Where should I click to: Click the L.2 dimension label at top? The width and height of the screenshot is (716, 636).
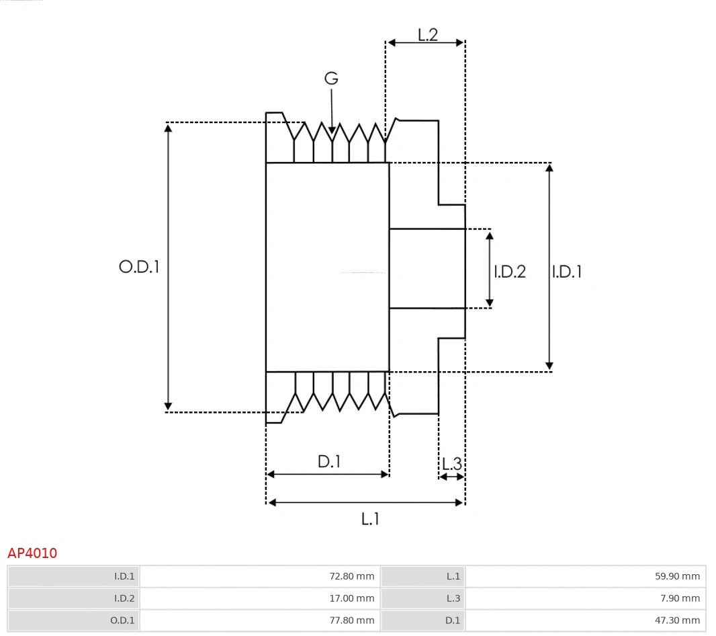(x=427, y=34)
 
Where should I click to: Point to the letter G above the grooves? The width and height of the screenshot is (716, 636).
(x=331, y=79)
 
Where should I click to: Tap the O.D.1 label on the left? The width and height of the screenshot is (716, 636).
(x=139, y=267)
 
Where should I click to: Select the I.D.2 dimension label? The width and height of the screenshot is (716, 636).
(x=510, y=272)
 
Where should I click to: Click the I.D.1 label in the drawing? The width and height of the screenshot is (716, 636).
(x=567, y=272)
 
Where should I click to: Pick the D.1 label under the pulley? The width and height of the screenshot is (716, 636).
(x=329, y=462)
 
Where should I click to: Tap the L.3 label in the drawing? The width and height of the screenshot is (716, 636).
(x=451, y=463)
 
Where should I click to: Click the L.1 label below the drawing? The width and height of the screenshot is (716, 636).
(x=370, y=518)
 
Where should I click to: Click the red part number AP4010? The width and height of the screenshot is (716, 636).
(x=32, y=553)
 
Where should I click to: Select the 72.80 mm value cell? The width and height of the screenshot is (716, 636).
(x=260, y=576)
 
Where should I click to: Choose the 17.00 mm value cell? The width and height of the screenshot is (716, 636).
(x=260, y=598)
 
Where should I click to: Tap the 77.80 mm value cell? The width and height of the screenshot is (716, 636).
(x=260, y=621)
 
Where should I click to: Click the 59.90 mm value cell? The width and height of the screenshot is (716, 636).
(x=585, y=576)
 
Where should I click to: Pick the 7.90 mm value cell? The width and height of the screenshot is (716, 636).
(x=585, y=598)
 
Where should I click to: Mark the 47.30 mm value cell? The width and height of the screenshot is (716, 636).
(x=585, y=621)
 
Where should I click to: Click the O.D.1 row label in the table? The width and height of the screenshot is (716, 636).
(x=74, y=621)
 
